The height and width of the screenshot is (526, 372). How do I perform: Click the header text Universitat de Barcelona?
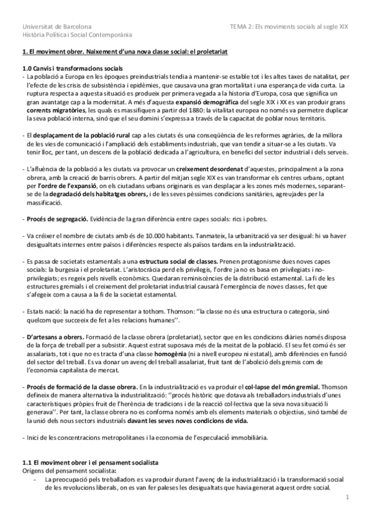(x=57, y=27)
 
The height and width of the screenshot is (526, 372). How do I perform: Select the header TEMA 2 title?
(x=290, y=27)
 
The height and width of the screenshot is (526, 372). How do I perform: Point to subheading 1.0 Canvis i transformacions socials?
(x=72, y=67)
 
